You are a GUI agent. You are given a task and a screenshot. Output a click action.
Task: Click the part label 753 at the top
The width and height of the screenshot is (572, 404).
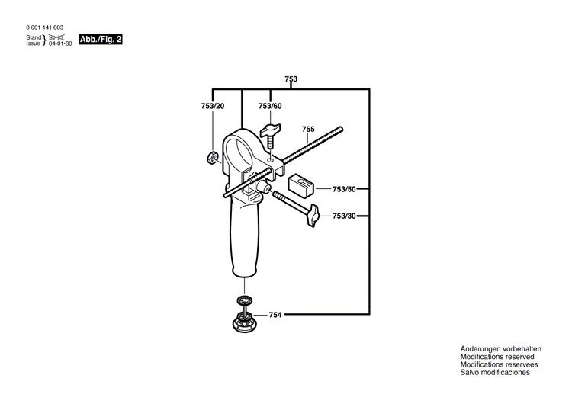tap(291, 79)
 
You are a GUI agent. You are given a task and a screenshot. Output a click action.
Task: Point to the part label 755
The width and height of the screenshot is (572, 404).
tap(308, 129)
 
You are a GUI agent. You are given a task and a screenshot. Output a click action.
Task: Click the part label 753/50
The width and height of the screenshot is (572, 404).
tap(345, 189)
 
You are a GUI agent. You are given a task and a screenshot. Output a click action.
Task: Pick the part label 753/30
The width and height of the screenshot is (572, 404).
tap(345, 216)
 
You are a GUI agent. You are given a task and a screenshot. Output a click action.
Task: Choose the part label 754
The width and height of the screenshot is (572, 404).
tap(275, 314)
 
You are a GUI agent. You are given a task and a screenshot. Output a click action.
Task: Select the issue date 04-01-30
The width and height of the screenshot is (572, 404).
tap(59, 43)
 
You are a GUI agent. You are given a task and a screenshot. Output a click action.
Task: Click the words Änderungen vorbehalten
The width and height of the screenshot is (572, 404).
tap(500, 348)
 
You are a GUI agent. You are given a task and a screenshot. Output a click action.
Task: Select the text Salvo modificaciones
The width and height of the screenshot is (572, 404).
tap(495, 372)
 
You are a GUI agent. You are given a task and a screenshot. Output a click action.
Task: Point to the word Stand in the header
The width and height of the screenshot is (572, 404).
tap(34, 37)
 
